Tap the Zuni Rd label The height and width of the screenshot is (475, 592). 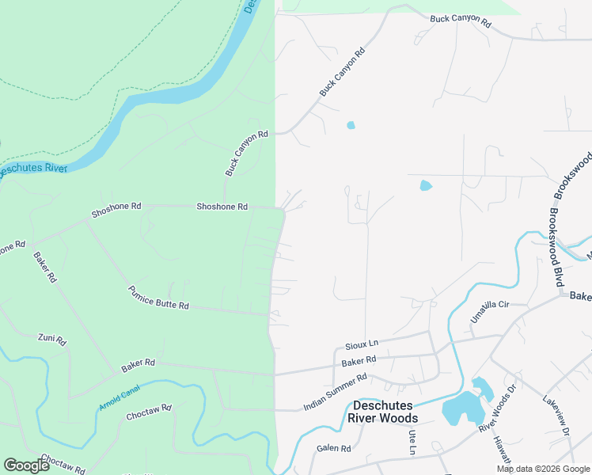pyautogui.click(x=52, y=339)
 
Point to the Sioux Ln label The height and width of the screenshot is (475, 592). pyautogui.click(x=362, y=346)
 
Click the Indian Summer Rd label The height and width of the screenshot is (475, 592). pyautogui.click(x=336, y=393)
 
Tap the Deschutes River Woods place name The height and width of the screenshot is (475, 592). pyautogui.click(x=383, y=412)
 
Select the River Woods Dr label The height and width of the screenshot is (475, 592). pyautogui.click(x=497, y=408)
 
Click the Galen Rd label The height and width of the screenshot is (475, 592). pyautogui.click(x=333, y=448)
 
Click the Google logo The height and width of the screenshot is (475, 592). pyautogui.click(x=26, y=465)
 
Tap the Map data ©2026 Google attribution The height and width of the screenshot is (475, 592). pyautogui.click(x=543, y=469)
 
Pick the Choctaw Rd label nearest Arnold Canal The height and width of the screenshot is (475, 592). pyautogui.click(x=149, y=412)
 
